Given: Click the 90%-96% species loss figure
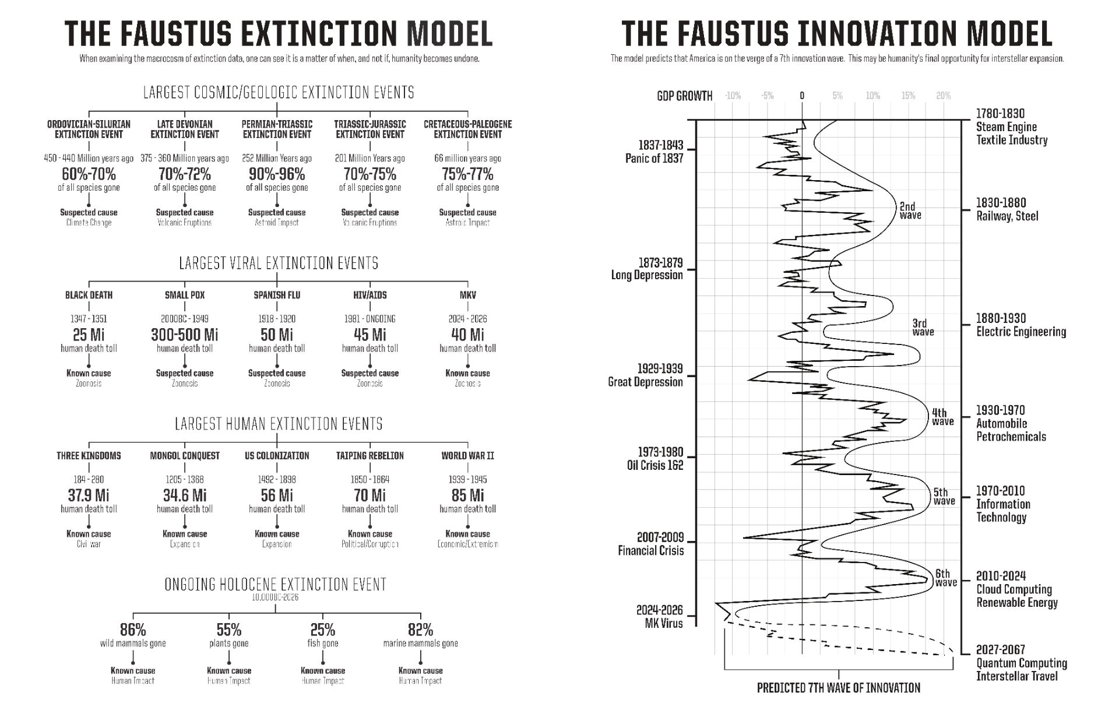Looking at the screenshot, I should pyautogui.click(x=277, y=174).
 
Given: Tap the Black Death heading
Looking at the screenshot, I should pyautogui.click(x=89, y=295).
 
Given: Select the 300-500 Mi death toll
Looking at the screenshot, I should pyautogui.click(x=184, y=335).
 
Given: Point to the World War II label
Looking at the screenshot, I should pyautogui.click(x=467, y=456).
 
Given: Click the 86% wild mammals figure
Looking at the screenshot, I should pyautogui.click(x=133, y=630).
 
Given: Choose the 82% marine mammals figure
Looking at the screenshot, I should pyautogui.click(x=420, y=630).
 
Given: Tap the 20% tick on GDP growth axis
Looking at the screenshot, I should pyautogui.click(x=943, y=96).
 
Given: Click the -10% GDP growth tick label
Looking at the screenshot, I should pyautogui.click(x=733, y=96).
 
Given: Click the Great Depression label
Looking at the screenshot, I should pyautogui.click(x=645, y=382).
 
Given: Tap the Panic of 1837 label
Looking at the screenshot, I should pyautogui.click(x=654, y=158).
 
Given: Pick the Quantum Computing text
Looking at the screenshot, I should pyautogui.click(x=1021, y=663).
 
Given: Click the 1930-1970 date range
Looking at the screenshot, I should pyautogui.click(x=1000, y=410).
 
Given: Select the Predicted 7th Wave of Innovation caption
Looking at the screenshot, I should pyautogui.click(x=838, y=688).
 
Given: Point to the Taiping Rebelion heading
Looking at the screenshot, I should pyautogui.click(x=370, y=456).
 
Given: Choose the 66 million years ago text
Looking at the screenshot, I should pyautogui.click(x=467, y=159).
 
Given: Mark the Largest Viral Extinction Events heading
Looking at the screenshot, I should pyautogui.click(x=279, y=263).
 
